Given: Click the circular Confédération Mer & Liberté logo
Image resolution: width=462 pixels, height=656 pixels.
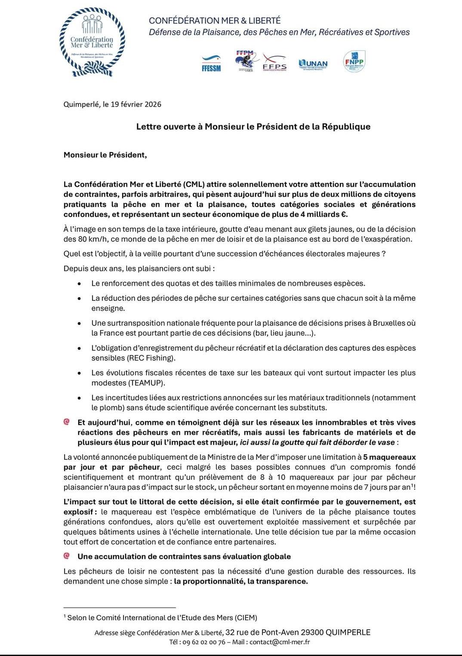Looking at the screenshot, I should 92,43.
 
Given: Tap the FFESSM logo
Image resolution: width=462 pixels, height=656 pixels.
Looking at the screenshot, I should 211,64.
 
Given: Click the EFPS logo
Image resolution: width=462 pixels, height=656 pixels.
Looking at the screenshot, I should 274,63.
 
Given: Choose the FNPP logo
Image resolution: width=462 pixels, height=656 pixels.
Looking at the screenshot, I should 354,62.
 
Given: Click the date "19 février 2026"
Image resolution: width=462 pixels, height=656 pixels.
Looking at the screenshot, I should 136,104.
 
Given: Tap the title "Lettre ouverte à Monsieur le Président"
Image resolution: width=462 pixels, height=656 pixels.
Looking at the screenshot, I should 253,127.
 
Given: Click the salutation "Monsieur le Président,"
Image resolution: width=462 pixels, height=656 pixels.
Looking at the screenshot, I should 105,155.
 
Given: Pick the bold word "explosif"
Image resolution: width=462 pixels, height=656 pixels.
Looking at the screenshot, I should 78,512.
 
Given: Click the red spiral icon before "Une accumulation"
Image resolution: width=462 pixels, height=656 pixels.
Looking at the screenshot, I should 67,556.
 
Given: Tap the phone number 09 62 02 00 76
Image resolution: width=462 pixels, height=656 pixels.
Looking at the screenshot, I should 203,642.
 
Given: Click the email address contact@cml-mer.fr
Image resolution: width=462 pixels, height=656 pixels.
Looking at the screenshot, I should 280,642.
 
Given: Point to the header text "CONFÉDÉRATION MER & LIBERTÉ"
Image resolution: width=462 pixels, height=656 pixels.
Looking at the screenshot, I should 215,21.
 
